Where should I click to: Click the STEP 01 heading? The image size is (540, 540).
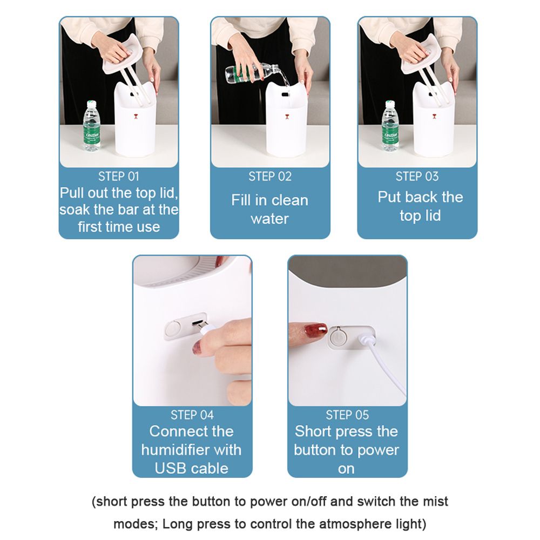(118, 177)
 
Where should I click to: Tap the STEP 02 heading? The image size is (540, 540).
(270, 177)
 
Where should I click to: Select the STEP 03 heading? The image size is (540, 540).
(417, 177)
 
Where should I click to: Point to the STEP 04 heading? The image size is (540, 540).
(192, 415)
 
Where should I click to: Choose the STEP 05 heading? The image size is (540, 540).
(347, 415)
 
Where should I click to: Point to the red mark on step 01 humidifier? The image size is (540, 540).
(136, 117)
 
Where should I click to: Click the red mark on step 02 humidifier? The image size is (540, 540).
(287, 117)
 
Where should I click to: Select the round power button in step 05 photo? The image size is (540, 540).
(338, 337)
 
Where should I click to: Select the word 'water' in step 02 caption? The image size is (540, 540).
(270, 219)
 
